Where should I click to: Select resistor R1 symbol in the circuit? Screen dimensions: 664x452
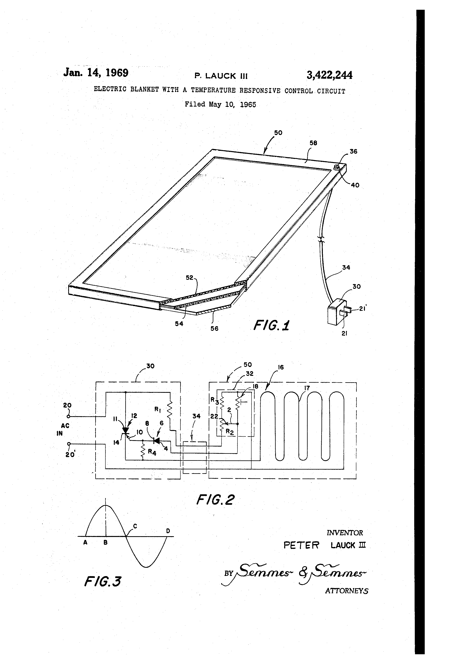(170, 410)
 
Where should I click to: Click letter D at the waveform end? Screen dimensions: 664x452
(168, 531)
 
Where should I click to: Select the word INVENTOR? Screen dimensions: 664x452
(345, 532)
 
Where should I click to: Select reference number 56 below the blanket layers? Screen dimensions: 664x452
(214, 328)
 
